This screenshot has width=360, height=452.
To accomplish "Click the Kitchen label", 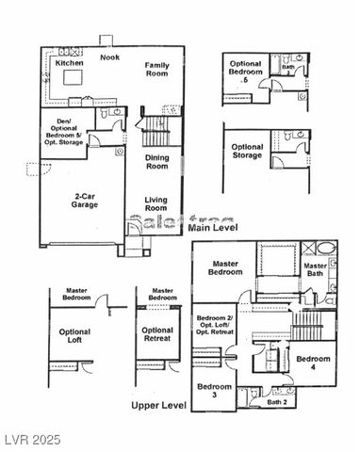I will [70, 63].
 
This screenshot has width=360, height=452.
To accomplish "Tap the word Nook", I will [110, 57].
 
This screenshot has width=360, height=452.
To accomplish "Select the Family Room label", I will [155, 70].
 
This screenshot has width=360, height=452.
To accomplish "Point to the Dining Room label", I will [156, 161].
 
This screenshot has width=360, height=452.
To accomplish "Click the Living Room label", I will [156, 204].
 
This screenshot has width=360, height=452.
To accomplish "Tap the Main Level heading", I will [212, 228].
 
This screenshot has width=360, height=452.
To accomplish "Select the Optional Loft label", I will [75, 337].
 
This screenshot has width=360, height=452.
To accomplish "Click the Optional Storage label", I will [247, 152].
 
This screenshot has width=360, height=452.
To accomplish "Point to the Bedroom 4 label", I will [313, 364].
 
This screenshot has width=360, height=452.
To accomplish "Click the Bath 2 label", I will [277, 403].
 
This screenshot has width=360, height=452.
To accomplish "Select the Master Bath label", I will [315, 270].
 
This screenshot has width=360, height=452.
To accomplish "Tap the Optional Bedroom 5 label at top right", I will [246, 73].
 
